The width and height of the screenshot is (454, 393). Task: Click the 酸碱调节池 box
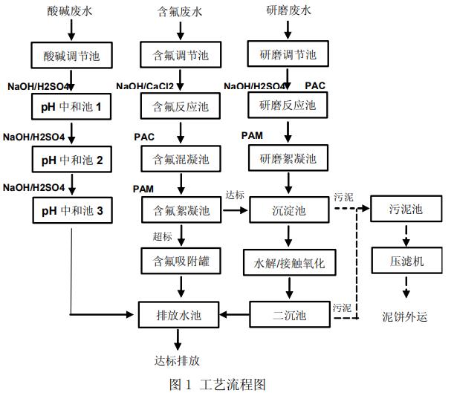(x=71, y=55)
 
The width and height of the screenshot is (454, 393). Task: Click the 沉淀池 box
(x=288, y=211)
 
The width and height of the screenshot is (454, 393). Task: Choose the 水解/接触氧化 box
(x=288, y=262)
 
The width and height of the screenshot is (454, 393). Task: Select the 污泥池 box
(x=406, y=210)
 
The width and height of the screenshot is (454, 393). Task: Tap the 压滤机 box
(x=406, y=261)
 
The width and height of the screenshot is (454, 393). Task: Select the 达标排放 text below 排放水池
(x=177, y=360)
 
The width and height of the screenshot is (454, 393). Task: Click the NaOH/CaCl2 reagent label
(x=145, y=86)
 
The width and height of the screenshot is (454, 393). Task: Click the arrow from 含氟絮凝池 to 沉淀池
(x=235, y=211)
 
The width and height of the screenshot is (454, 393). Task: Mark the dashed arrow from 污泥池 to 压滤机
(x=406, y=236)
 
